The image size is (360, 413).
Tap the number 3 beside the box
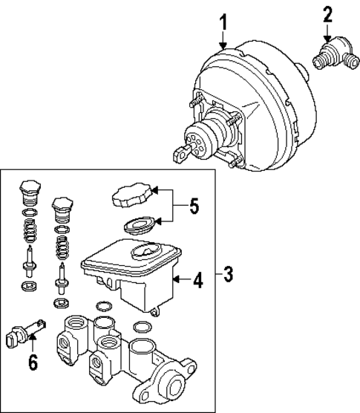pyautogui.click(x=228, y=276)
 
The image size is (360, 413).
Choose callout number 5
pyautogui.click(x=194, y=206)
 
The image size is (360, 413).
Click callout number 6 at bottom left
pyautogui.click(x=32, y=362)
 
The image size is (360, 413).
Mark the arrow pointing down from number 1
pyautogui.click(x=221, y=42)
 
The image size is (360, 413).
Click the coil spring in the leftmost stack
pyautogui.click(x=29, y=232)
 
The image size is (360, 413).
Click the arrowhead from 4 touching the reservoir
pyautogui.click(x=174, y=281)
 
